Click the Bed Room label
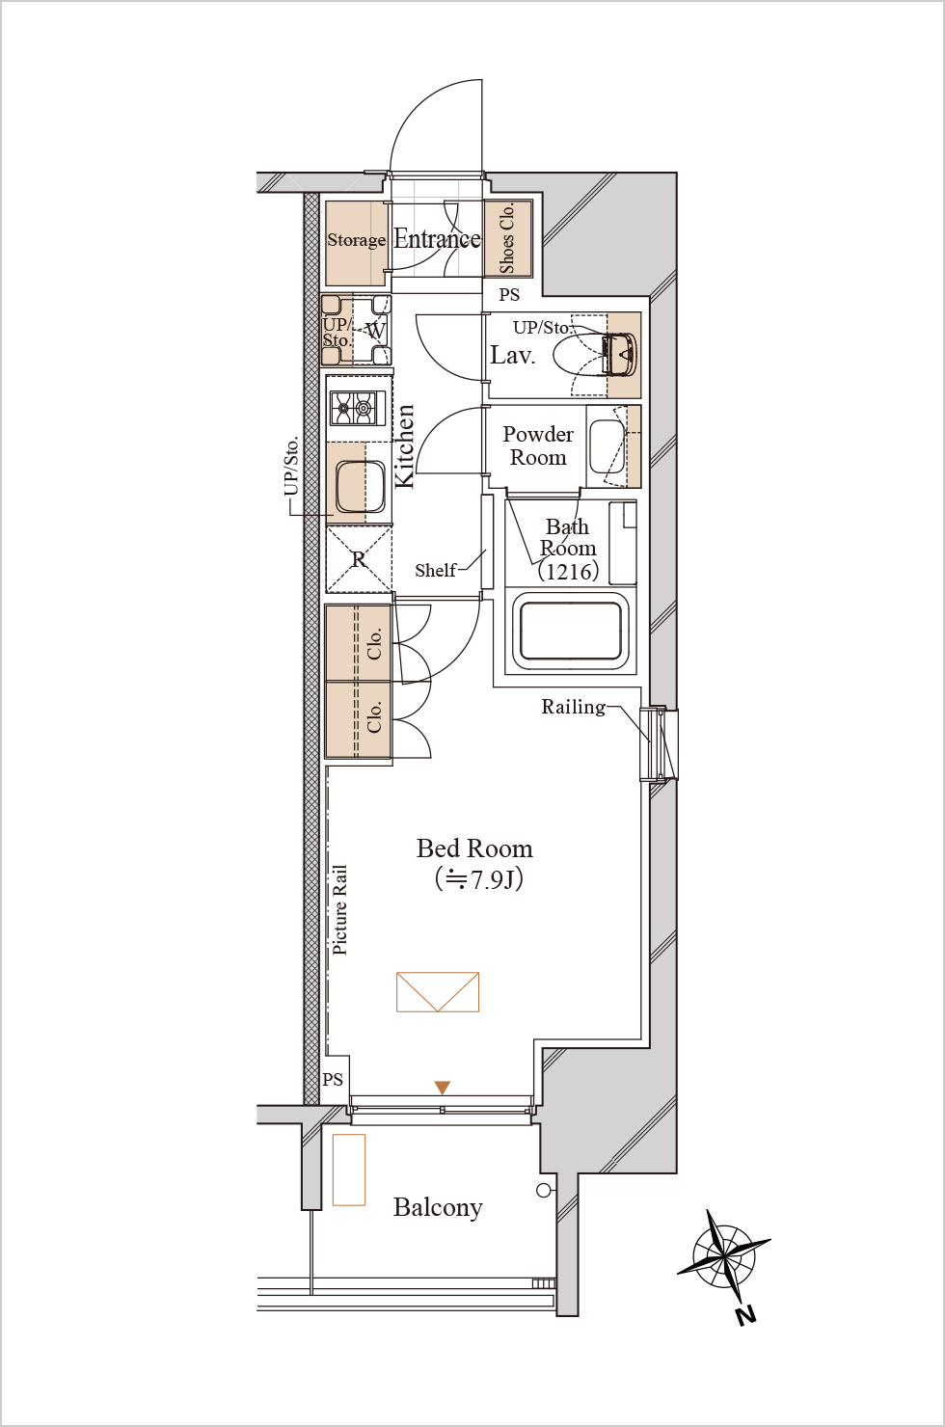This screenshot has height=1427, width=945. [474, 848]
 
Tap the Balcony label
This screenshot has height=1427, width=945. [438, 1207]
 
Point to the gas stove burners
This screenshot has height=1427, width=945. [358, 408]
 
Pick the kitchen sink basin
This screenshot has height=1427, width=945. [360, 487]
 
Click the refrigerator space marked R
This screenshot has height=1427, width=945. [359, 559]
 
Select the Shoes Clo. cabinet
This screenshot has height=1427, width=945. [508, 239]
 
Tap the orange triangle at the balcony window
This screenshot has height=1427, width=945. [443, 1088]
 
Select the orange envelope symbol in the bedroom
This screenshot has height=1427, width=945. [438, 992]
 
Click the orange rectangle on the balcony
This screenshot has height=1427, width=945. [349, 1170]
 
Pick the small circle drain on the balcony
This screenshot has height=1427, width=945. [543, 1190]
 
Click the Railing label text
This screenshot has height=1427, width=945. [574, 707]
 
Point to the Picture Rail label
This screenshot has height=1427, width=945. [339, 910]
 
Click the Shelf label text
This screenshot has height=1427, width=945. [435, 570]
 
